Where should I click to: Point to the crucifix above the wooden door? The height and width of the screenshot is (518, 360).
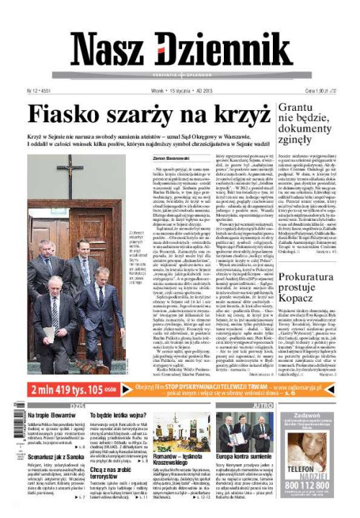71,172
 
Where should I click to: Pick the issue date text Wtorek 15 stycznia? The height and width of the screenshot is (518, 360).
170,91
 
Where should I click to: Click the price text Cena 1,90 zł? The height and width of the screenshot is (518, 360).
330,91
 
